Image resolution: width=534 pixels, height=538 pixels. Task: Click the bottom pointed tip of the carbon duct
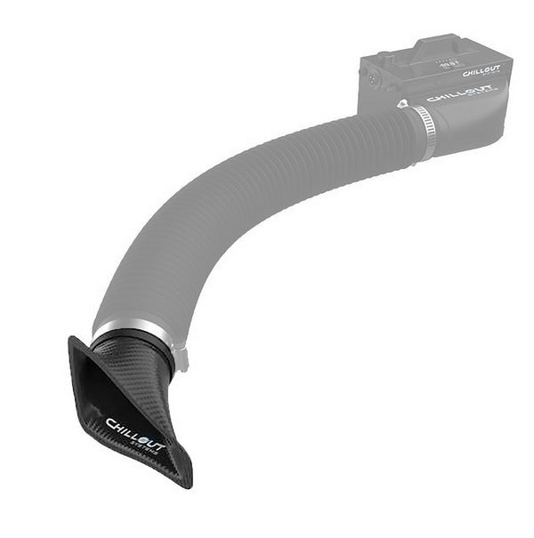[x=186, y=486]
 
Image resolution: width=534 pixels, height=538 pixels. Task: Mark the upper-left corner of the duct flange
[x=71, y=339]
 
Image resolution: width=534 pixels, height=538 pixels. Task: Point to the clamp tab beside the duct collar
[x=181, y=358]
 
